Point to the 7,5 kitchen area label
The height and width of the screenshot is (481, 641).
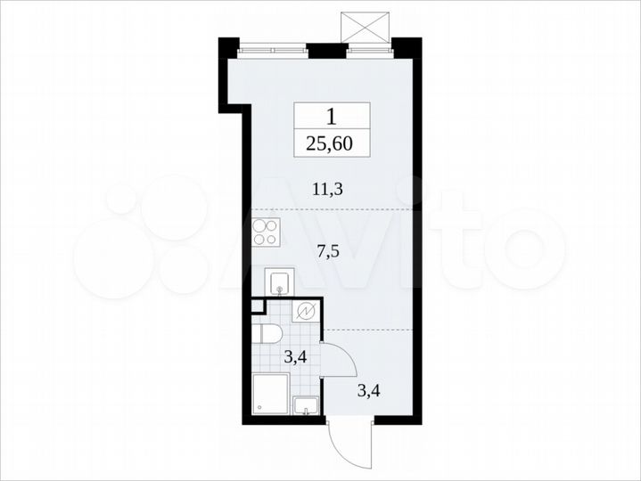[x=329, y=250]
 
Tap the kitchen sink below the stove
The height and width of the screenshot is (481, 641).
[x=277, y=283]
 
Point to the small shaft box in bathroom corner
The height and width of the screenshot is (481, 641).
[x=258, y=306]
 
